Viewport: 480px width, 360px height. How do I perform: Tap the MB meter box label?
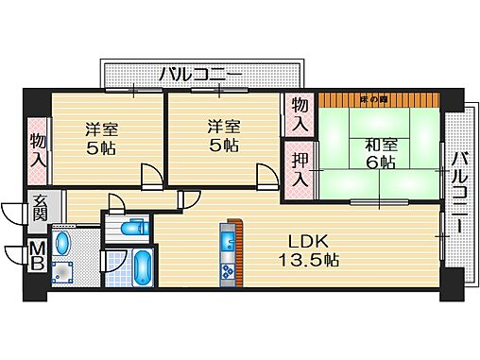[38, 253]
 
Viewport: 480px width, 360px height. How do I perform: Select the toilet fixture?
[132, 228]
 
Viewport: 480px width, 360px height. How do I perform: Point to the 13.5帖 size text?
[308, 260]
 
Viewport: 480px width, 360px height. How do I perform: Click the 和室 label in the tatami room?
[370, 145]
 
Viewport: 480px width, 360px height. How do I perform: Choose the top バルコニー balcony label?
[200, 73]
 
